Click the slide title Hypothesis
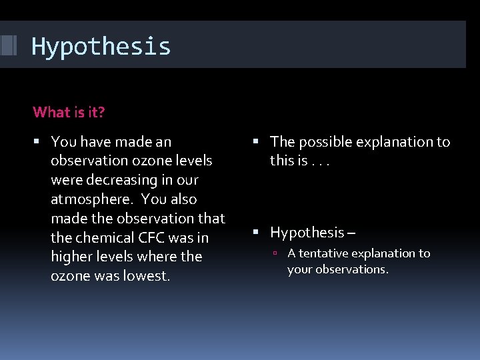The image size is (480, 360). [101, 47]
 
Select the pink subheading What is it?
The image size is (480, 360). [69, 112]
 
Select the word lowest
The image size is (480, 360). [146, 275]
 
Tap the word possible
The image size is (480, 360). [327, 142]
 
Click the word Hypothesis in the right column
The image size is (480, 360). [307, 233]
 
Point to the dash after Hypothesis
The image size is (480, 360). [351, 233]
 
